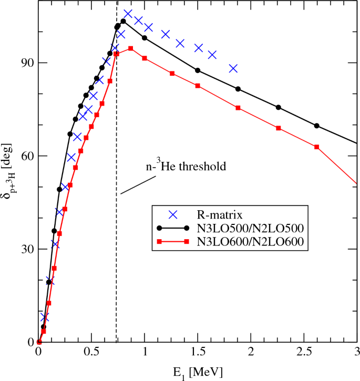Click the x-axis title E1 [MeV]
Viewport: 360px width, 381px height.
(197, 372)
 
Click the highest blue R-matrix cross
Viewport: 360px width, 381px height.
(128, 14)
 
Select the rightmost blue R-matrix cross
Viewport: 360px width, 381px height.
(233, 68)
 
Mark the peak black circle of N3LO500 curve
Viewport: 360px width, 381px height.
(124, 21)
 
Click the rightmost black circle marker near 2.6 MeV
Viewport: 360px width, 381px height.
(316, 126)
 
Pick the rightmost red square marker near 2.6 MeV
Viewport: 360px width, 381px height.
(316, 147)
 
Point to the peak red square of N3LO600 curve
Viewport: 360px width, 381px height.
(130, 48)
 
